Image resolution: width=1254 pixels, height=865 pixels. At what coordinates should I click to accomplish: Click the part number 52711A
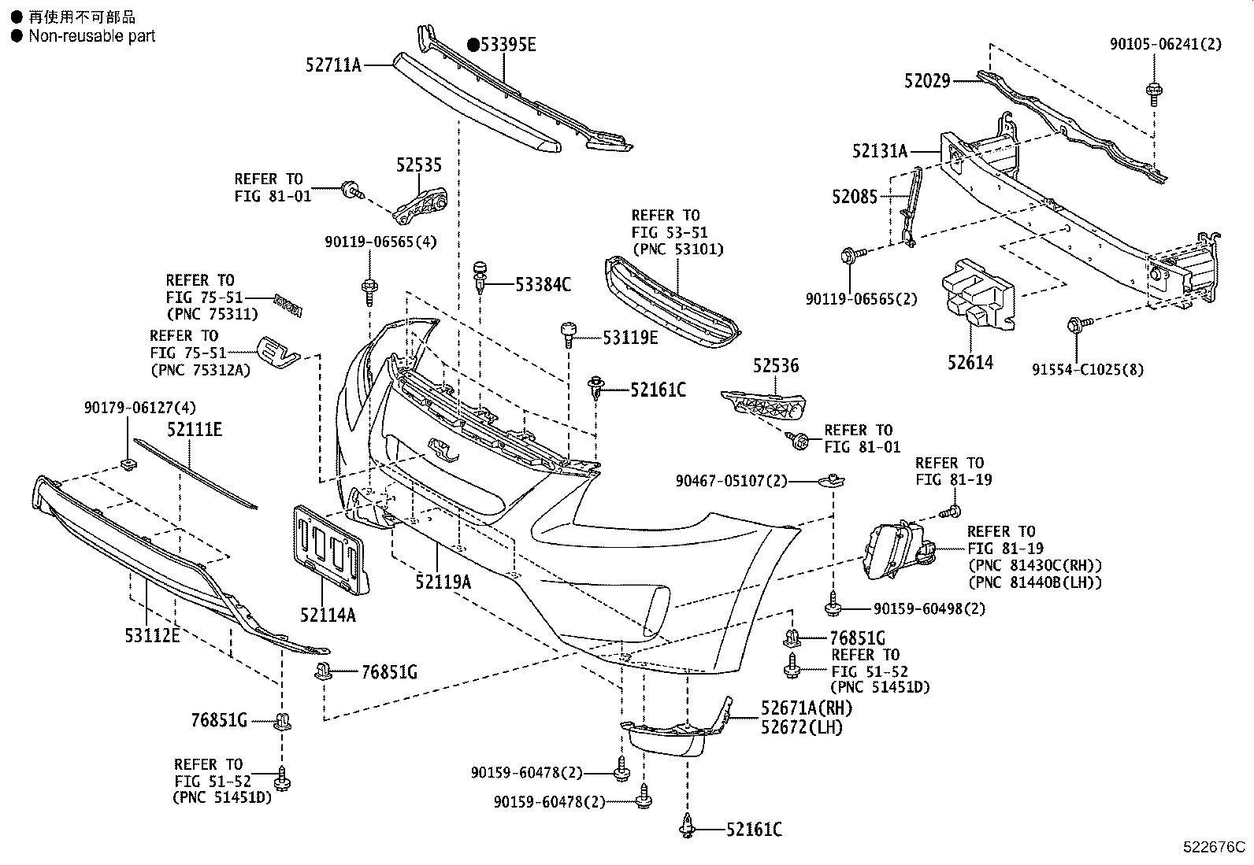coord(332,65)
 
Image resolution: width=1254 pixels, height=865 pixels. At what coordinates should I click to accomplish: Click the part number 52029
coord(927,80)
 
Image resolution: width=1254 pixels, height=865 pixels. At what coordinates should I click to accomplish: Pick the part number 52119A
coord(443,582)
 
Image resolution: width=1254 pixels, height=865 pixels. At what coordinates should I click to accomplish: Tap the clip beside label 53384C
coord(479,276)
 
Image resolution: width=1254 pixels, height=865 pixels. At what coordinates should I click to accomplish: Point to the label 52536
coord(775,365)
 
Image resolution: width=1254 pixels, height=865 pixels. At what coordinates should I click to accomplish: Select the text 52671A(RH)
coord(807,708)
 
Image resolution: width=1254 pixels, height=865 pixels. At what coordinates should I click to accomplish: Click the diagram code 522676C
coord(1214,848)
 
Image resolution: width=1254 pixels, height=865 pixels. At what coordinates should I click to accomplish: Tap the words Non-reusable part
coord(91,36)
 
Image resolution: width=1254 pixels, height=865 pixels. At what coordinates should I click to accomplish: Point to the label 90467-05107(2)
coord(731,480)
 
